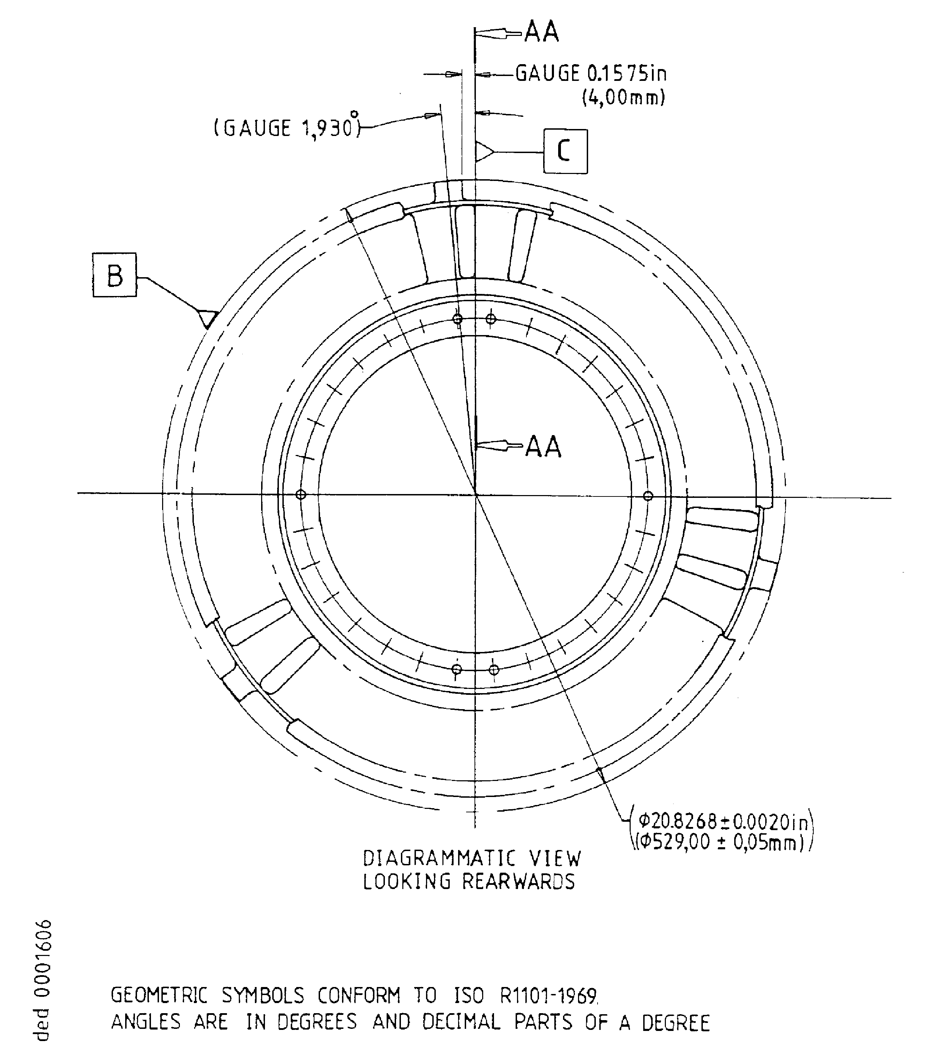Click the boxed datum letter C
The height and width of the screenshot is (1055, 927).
(x=565, y=151)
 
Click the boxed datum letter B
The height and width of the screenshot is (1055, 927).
(x=115, y=275)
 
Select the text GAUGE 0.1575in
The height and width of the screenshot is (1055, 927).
(x=591, y=74)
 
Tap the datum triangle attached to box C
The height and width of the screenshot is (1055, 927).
(x=484, y=152)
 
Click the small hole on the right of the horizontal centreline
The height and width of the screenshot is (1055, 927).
(x=648, y=496)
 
